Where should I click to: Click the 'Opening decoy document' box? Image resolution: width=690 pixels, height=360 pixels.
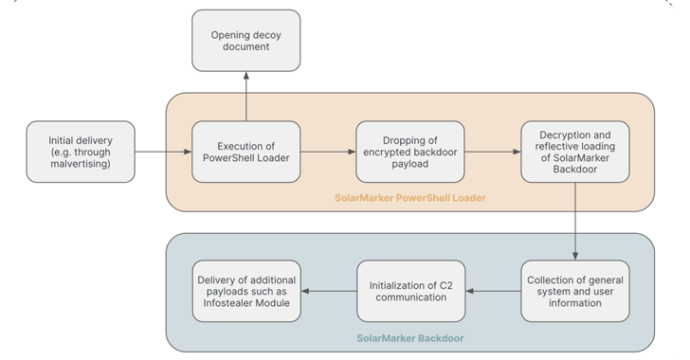[x=245, y=40]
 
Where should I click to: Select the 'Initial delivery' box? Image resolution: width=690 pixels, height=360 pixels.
[x=80, y=152]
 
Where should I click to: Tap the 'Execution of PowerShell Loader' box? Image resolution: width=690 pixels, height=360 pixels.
[x=245, y=152]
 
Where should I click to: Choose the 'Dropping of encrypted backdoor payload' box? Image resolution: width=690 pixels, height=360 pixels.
[x=410, y=152]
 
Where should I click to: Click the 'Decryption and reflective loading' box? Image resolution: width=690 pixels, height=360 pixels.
[x=575, y=152]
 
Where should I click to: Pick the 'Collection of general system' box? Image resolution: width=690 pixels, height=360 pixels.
[x=575, y=291]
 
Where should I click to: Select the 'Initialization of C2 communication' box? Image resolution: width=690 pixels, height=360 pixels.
[x=410, y=291]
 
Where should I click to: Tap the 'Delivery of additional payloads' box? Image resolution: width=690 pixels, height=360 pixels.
[x=245, y=291]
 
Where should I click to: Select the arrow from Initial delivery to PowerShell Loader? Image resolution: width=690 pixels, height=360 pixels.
[x=163, y=152]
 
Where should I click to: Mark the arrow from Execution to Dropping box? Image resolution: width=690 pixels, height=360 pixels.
[x=328, y=152]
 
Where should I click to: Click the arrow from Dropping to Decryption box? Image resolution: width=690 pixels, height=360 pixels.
[x=493, y=152]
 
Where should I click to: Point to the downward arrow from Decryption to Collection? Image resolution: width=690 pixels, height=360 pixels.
[x=575, y=222]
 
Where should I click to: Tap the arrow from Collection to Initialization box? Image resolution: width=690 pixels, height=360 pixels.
[x=493, y=291]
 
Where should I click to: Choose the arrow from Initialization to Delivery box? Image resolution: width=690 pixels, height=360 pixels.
[x=328, y=291]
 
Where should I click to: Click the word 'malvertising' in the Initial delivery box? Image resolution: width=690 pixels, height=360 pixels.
[x=80, y=165]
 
